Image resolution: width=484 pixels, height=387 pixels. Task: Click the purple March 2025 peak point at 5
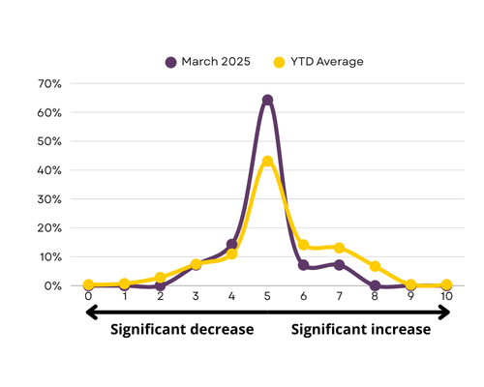tap(267, 100)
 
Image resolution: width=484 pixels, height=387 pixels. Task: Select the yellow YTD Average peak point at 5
tap(267, 161)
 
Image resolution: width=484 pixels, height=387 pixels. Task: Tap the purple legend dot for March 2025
tap(170, 62)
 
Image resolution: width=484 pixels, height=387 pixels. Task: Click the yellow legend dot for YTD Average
tap(279, 62)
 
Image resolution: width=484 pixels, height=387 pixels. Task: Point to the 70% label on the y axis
tap(49, 84)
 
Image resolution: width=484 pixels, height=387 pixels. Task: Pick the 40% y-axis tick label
tap(49, 170)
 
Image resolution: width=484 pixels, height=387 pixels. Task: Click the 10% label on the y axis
tap(50, 257)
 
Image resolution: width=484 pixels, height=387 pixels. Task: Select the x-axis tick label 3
tap(196, 296)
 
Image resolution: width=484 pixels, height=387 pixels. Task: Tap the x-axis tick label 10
tap(446, 296)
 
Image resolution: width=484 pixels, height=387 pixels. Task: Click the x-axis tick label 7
tap(339, 296)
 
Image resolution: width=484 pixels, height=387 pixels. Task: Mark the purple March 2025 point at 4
tap(231, 244)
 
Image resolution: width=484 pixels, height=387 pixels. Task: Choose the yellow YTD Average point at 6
tap(303, 245)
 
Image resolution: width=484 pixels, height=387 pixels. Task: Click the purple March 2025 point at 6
tap(303, 265)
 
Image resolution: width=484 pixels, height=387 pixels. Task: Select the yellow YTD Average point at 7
tap(339, 248)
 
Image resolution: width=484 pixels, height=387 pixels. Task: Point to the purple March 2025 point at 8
tap(375, 285)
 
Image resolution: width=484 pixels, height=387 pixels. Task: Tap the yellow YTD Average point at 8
tap(375, 266)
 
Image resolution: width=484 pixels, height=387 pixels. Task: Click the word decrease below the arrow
tap(222, 330)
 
